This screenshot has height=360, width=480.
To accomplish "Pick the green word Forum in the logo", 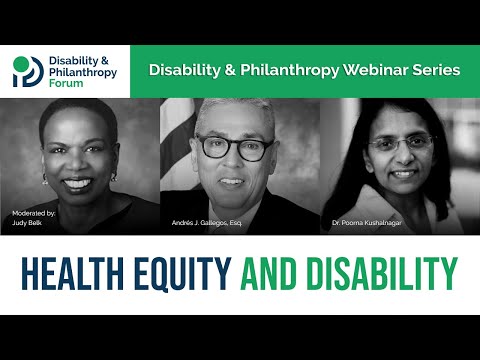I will (x=67, y=84).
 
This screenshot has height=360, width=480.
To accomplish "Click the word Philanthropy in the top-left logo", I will (x=83, y=72).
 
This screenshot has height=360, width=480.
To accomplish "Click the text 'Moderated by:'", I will (x=34, y=214).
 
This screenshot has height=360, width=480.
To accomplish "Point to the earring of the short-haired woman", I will (x=44, y=178).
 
